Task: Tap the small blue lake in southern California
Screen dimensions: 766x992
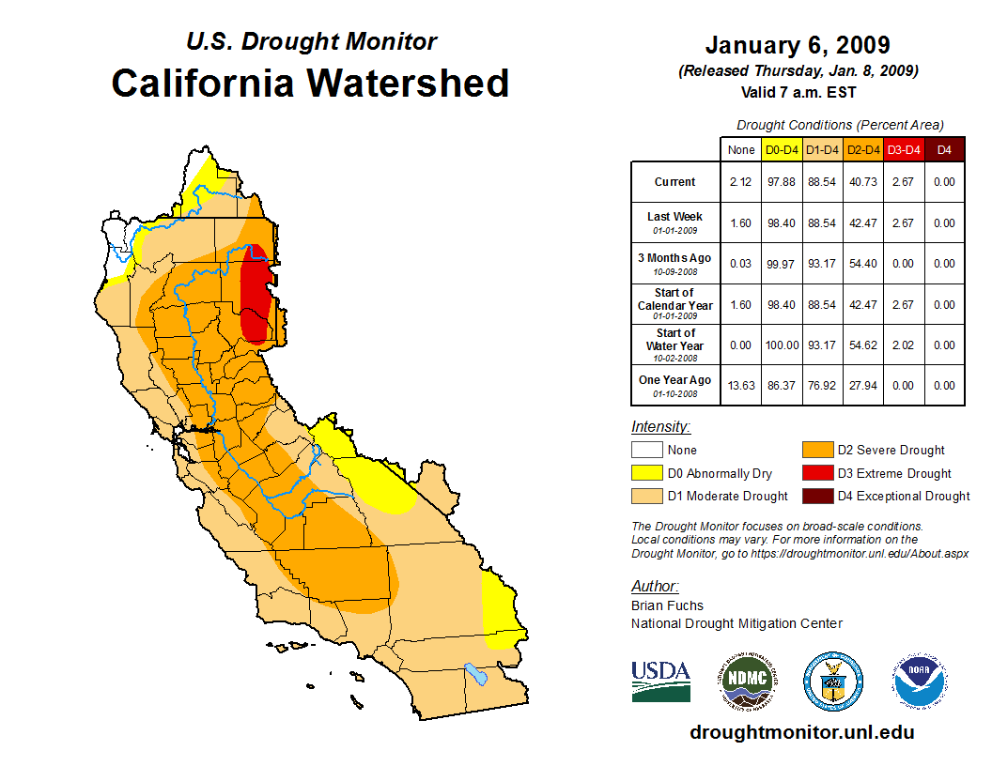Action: [x=476, y=674]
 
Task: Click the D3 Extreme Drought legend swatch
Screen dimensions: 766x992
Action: [x=815, y=473]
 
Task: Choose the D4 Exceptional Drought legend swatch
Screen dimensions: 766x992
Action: [x=815, y=496]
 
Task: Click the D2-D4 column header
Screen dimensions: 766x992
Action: [x=863, y=149]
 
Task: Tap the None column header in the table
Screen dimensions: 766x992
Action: [x=741, y=149]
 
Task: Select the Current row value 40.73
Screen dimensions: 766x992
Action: [x=863, y=182]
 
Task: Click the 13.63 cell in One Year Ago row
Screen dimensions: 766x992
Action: [x=741, y=385]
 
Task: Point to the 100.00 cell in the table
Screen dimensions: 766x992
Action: [x=782, y=345]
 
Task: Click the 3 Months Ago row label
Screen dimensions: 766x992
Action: [x=675, y=263]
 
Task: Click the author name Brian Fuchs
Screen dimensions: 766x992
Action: [x=667, y=605]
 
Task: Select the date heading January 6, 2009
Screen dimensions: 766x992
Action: [x=798, y=45]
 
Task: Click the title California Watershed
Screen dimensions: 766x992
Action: [x=310, y=83]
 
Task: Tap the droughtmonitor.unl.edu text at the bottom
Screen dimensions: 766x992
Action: [x=801, y=732]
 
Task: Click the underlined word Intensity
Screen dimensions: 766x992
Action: [x=660, y=426]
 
